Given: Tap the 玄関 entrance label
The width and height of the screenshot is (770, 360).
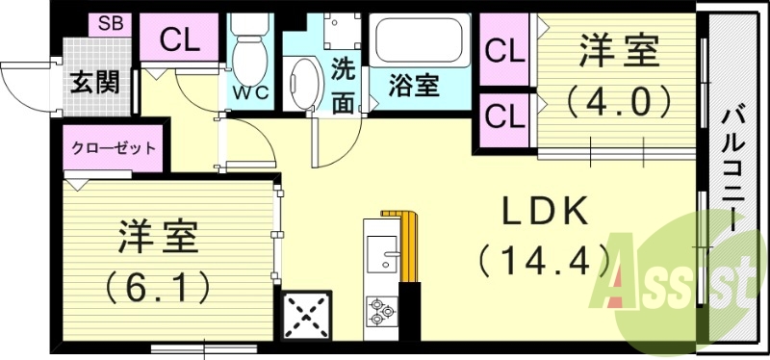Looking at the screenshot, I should (x=93, y=83).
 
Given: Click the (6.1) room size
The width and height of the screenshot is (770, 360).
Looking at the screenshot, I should (x=159, y=285).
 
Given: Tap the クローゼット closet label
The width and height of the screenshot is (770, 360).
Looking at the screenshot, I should (x=114, y=149).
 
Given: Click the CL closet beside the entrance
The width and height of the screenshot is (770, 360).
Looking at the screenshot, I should (x=180, y=39).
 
